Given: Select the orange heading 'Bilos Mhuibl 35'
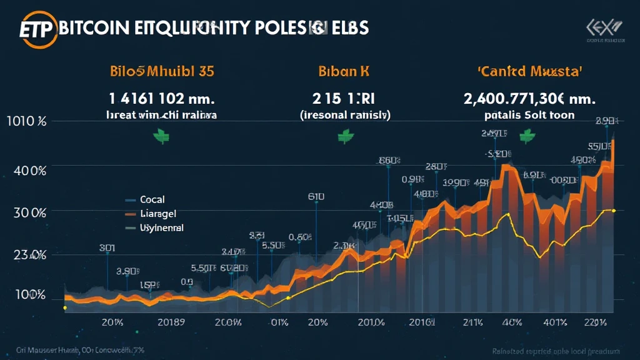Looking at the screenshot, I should coord(161,71).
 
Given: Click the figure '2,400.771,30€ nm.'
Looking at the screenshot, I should coord(529,98).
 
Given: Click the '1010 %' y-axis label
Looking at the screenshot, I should coord(27,122).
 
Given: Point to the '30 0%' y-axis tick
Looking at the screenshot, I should coord(29,212).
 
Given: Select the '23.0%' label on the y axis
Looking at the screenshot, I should coord(29,255).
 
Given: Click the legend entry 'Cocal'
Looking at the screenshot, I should coord(152,200).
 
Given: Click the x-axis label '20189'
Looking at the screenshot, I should coord(171,322).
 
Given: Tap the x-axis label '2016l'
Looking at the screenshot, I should coord(421,322).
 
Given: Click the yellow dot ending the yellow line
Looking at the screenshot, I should coord(614,211).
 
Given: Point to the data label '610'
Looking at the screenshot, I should coord(316,196).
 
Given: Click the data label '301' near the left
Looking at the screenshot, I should coord(107,247).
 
